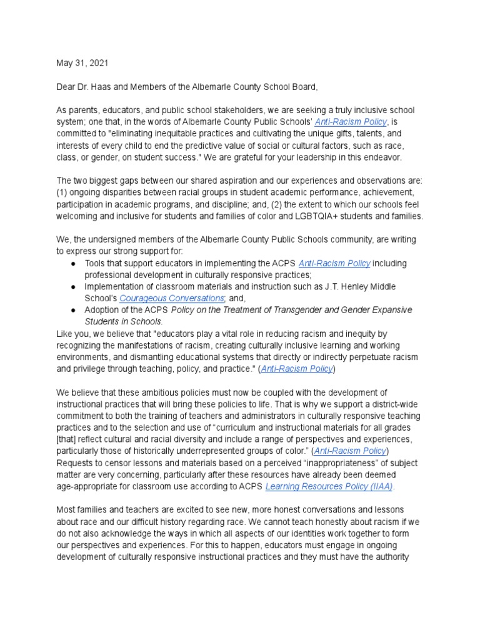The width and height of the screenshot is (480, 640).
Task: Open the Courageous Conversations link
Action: coord(171,299)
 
